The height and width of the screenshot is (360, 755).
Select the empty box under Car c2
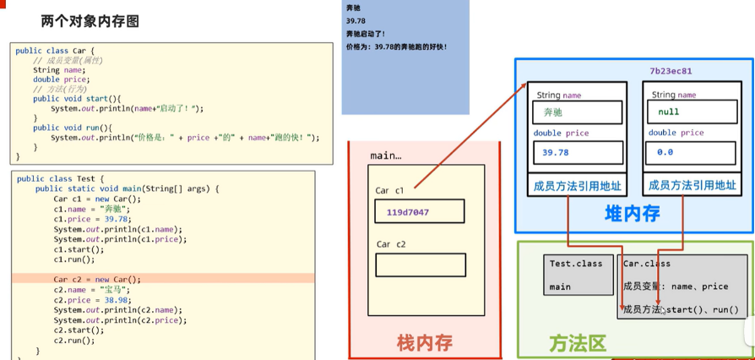click(x=420, y=265)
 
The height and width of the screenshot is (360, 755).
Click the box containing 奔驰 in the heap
click(x=577, y=112)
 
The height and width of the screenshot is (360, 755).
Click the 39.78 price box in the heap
click(x=577, y=153)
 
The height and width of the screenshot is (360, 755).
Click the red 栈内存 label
click(x=425, y=341)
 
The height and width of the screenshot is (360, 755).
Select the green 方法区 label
click(x=578, y=342)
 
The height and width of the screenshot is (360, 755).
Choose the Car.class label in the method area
click(x=647, y=264)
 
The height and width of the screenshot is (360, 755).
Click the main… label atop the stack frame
click(x=386, y=156)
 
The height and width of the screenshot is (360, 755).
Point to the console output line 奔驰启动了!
click(x=377, y=33)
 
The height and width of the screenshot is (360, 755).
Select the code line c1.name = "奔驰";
click(x=90, y=208)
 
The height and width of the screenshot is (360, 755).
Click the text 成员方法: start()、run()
click(x=681, y=309)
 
